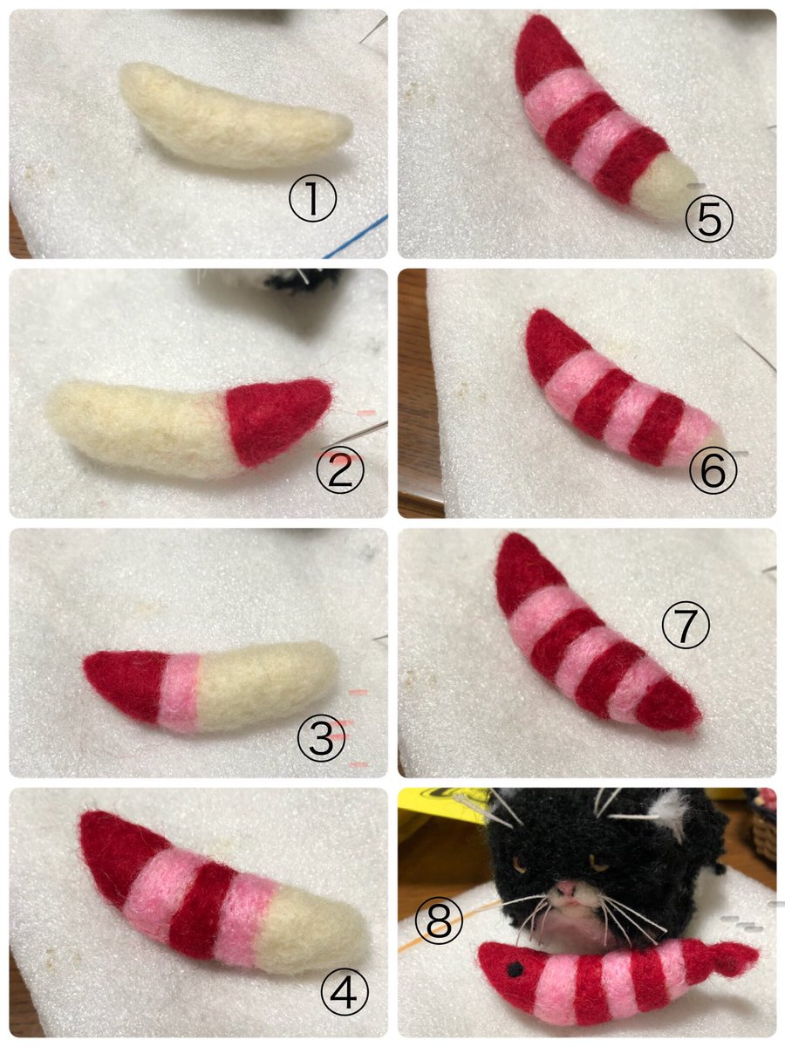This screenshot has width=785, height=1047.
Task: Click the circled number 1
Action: click(312, 197)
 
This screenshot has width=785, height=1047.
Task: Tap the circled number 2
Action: click(340, 469)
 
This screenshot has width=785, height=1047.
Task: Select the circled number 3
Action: click(321, 737)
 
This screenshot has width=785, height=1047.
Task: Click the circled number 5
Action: click(709, 218)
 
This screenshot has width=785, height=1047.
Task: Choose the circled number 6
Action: click(713, 469)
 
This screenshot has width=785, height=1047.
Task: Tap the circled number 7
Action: click(686, 624)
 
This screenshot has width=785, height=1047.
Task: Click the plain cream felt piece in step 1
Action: click(234, 116)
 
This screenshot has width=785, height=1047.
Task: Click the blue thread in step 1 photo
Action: click(357, 237)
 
